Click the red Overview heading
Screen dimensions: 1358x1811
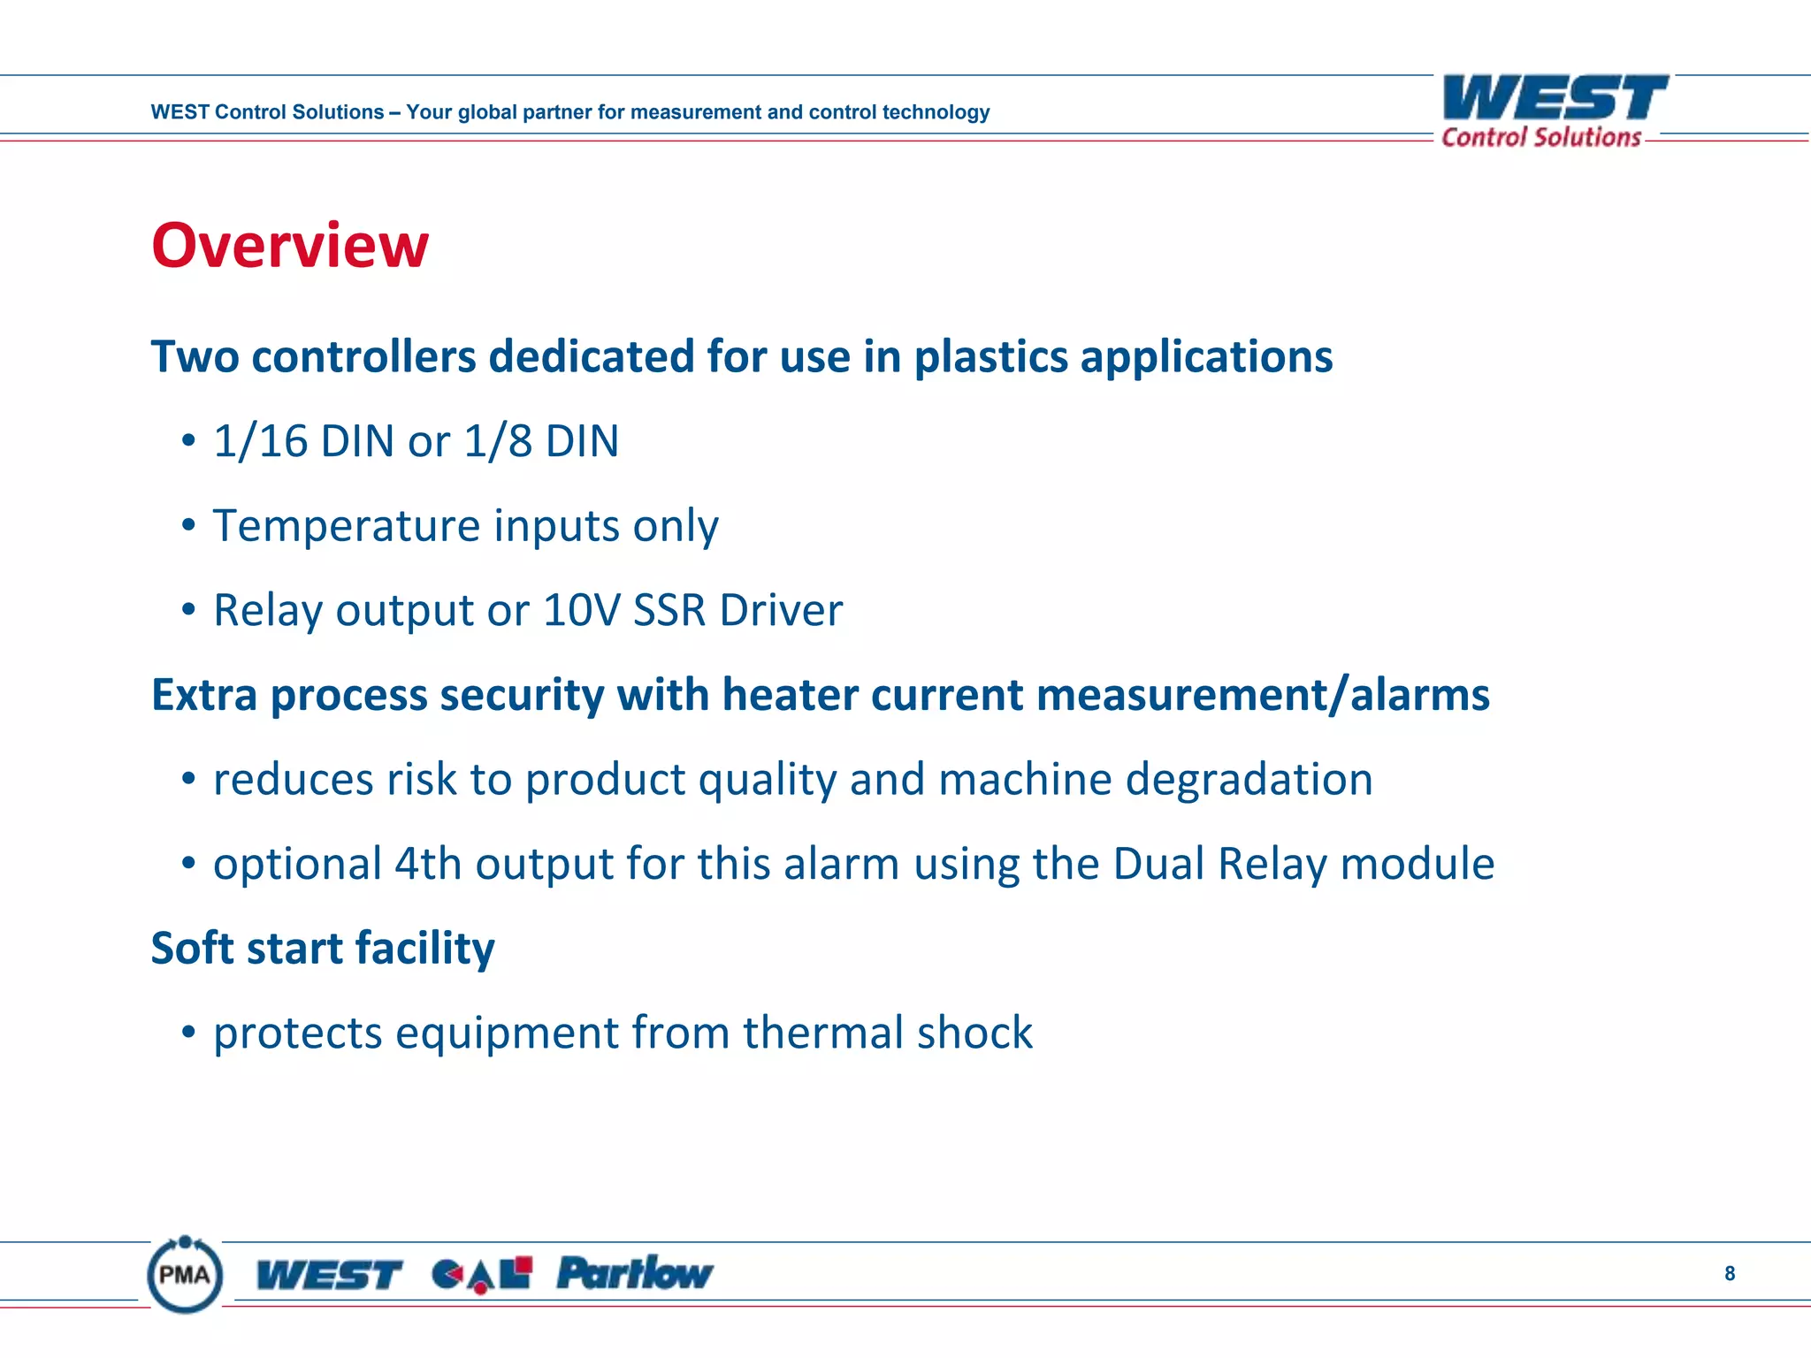point(289,245)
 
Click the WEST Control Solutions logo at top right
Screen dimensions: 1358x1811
point(1555,111)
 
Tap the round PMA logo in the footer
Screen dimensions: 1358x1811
point(185,1274)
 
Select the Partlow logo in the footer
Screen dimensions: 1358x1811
point(634,1273)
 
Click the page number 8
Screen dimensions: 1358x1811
point(1730,1273)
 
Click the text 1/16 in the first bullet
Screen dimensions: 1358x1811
point(260,441)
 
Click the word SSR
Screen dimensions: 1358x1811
point(669,610)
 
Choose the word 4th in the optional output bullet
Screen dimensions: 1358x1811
point(428,864)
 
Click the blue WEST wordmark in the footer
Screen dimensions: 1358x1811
point(328,1274)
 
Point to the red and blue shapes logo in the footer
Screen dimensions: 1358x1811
point(482,1274)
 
